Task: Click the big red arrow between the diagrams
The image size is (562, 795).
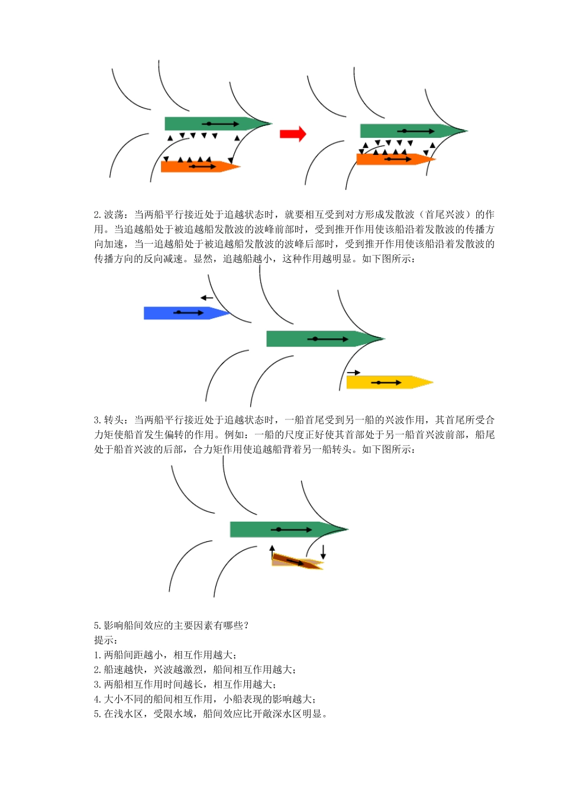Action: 293,134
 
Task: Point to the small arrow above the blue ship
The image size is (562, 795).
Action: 206,298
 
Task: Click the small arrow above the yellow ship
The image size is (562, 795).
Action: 354,373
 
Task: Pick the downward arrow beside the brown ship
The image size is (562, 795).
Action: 323,551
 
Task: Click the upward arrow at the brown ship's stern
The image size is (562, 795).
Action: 272,551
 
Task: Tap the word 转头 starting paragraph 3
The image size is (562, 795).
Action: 114,420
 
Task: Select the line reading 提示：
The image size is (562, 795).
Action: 106,640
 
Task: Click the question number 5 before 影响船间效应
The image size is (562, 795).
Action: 97,625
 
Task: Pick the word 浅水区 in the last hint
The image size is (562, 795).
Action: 129,714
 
